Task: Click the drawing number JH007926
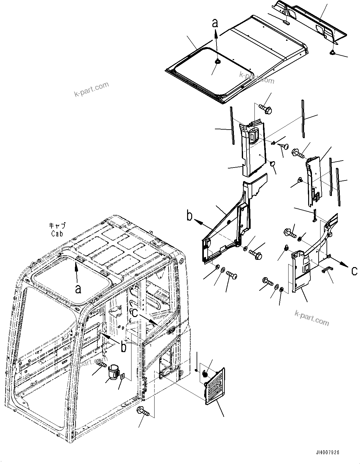click(x=327, y=453)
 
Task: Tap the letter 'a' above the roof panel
click(x=215, y=23)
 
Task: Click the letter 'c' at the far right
click(x=355, y=271)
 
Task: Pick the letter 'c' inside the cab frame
click(x=135, y=313)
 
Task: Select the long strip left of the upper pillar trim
click(x=232, y=125)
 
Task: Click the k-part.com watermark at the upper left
click(x=91, y=89)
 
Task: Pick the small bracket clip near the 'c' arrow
click(x=327, y=269)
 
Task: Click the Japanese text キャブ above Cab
click(x=58, y=226)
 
